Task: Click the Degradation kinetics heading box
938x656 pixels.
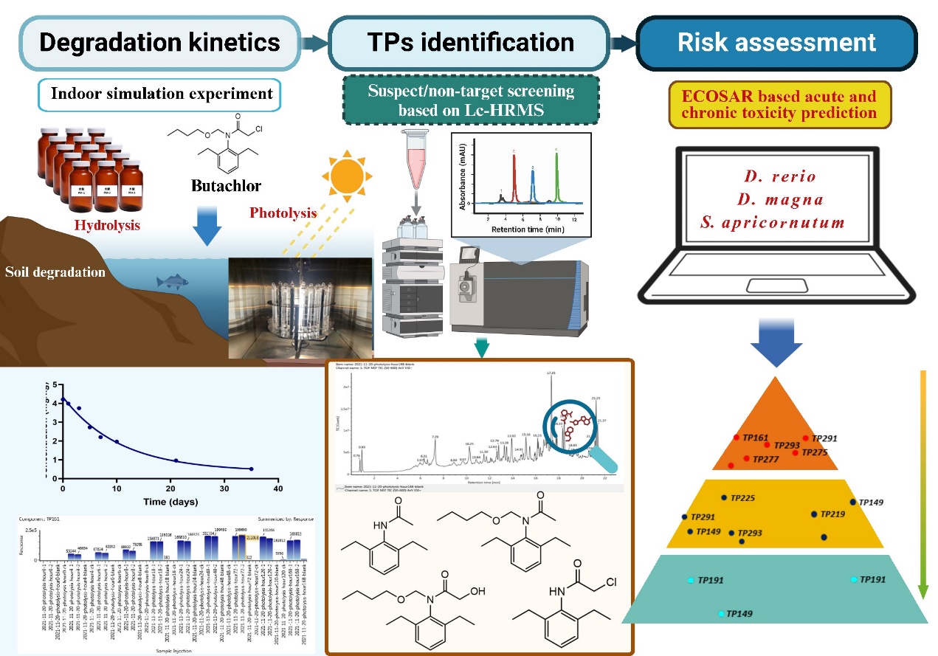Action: pyautogui.click(x=160, y=41)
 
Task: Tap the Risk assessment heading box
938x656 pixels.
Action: pyautogui.click(x=776, y=41)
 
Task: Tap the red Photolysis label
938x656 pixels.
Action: pyautogui.click(x=283, y=213)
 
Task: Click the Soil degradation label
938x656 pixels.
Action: pyautogui.click(x=55, y=272)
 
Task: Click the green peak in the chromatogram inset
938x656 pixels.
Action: pyautogui.click(x=556, y=177)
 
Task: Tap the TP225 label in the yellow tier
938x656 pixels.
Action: pyautogui.click(x=743, y=498)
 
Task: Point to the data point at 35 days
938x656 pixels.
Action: pyautogui.click(x=251, y=469)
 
